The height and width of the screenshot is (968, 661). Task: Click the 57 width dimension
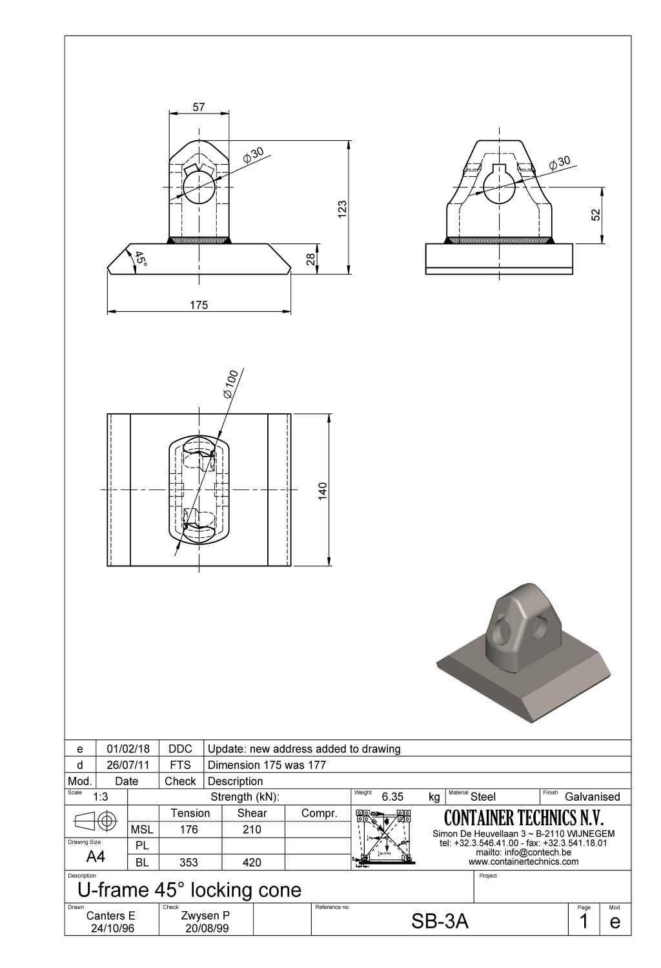tap(199, 107)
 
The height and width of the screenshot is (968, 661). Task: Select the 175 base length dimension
tap(199, 305)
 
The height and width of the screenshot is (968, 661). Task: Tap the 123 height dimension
tap(343, 208)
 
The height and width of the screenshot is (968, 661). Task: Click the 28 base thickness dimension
tap(310, 260)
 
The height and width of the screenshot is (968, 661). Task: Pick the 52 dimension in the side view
tap(596, 214)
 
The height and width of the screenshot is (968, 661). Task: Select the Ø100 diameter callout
tap(231, 384)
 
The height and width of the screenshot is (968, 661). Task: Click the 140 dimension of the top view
tap(323, 490)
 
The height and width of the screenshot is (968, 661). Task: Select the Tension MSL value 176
tap(189, 829)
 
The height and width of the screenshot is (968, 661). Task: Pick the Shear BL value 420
tap(252, 862)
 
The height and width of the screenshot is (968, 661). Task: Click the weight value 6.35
tap(392, 797)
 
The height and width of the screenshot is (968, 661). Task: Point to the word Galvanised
tap(592, 797)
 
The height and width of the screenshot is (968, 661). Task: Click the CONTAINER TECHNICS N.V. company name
tap(524, 818)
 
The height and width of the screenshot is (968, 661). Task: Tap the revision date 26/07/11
tap(128, 765)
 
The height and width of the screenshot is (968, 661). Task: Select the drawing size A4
tap(96, 857)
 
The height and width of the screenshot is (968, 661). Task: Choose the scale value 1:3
tap(100, 797)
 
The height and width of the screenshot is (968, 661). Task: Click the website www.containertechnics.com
tap(524, 861)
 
